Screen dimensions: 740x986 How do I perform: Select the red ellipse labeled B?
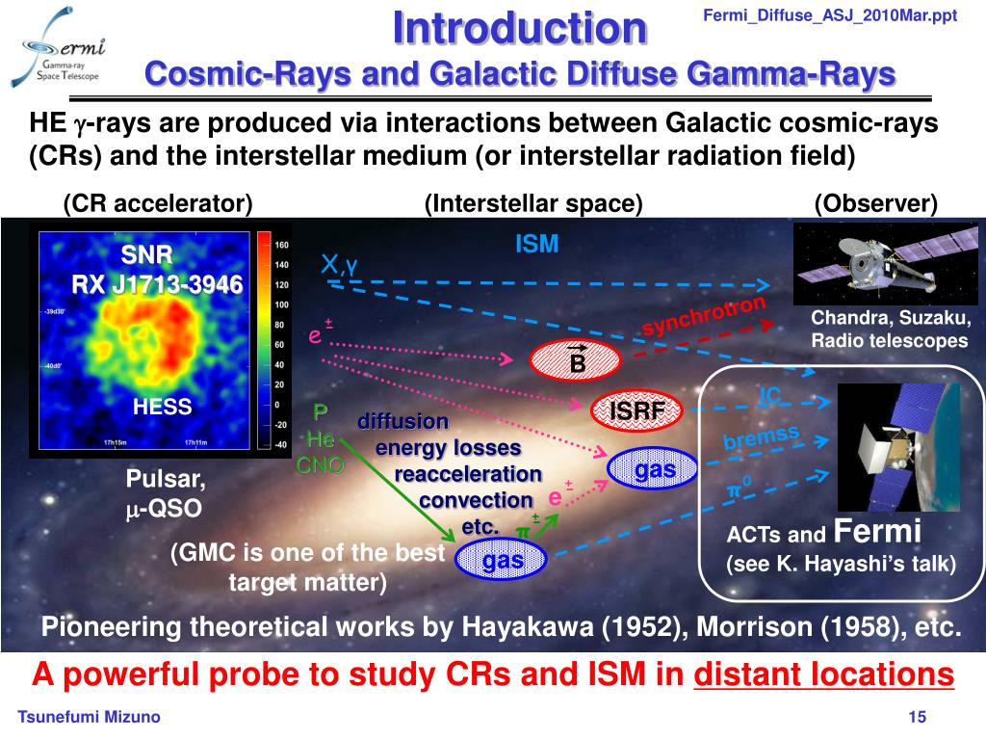click(576, 359)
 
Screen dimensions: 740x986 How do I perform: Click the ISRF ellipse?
click(636, 411)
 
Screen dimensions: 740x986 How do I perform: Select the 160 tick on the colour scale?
click(282, 245)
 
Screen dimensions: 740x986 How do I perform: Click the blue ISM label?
click(536, 245)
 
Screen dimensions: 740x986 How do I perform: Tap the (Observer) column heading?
click(874, 203)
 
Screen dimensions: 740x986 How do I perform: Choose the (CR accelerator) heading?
click(158, 203)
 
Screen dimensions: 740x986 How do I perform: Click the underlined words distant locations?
click(824, 674)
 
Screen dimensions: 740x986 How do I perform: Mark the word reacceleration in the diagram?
click(468, 474)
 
